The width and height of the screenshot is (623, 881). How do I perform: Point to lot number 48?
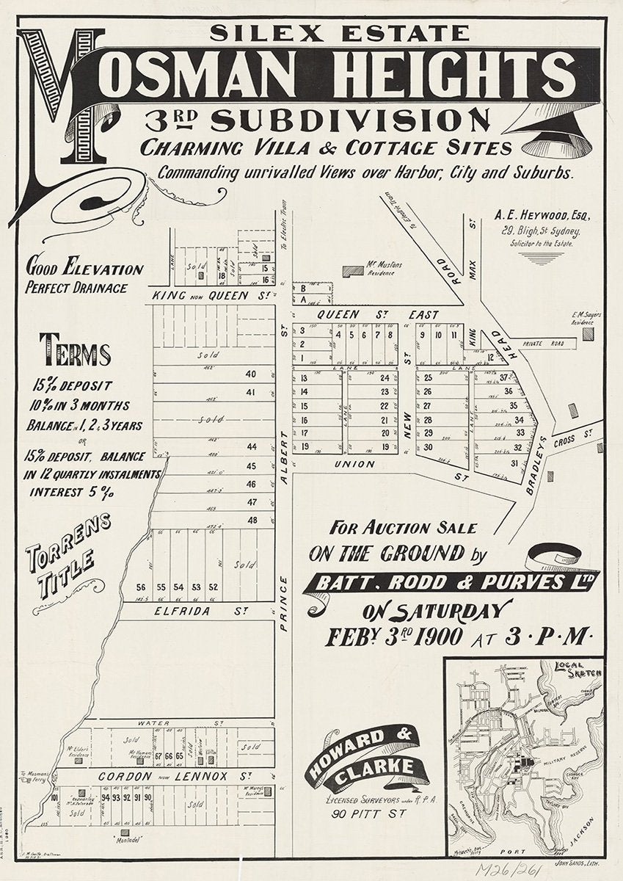pyautogui.click(x=252, y=520)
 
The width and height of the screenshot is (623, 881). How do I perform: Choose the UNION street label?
pyautogui.click(x=355, y=465)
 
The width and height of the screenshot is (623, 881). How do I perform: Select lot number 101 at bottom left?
pyautogui.click(x=54, y=798)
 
